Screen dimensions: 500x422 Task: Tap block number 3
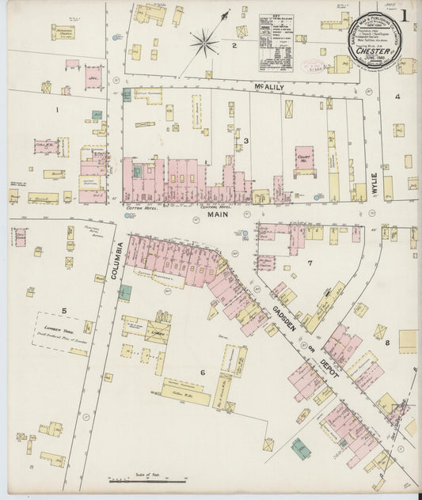coord(245,141)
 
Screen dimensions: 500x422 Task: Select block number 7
coord(310,263)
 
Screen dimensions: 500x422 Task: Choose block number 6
coord(202,372)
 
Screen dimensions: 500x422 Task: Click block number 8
coord(387,343)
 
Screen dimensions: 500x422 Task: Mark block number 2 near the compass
coord(234,45)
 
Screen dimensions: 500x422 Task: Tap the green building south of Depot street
coord(300,448)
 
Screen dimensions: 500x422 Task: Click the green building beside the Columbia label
coord(125,292)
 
